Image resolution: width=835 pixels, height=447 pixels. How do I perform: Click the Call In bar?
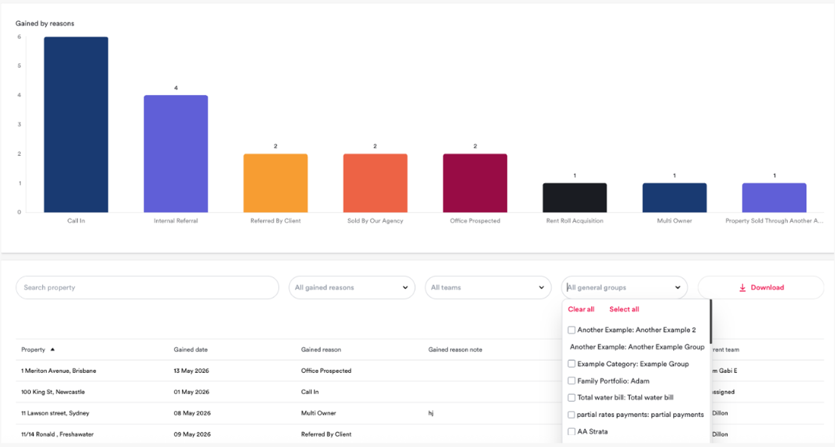click(76, 124)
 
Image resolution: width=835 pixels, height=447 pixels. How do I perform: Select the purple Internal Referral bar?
click(176, 153)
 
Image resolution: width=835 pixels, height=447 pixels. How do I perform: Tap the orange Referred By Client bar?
click(275, 183)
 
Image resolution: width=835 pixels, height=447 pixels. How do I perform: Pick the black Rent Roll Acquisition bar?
click(575, 197)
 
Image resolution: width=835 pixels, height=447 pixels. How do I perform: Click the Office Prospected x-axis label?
click(475, 221)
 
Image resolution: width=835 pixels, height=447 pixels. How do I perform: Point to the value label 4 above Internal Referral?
click(176, 88)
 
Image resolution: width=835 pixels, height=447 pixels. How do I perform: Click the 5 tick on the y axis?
click(19, 66)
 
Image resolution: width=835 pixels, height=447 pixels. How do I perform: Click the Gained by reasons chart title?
click(45, 23)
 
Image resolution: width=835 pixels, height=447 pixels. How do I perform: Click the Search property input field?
click(147, 287)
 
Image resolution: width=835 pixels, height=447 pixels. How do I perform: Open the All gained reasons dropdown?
click(352, 287)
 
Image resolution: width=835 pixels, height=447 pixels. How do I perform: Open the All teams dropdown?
click(488, 287)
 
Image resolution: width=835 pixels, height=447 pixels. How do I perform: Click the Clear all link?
click(581, 309)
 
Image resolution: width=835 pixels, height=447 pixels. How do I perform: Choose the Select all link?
click(624, 309)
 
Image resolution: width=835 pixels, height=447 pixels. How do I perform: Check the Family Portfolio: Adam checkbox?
click(572, 381)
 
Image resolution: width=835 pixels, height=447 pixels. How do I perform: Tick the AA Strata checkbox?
click(572, 431)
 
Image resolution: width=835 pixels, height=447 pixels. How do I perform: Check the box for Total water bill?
click(572, 398)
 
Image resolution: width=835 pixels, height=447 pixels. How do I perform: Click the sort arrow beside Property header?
click(53, 350)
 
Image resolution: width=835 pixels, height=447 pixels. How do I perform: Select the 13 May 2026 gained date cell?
click(191, 371)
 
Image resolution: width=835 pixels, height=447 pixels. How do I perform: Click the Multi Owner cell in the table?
click(318, 413)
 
